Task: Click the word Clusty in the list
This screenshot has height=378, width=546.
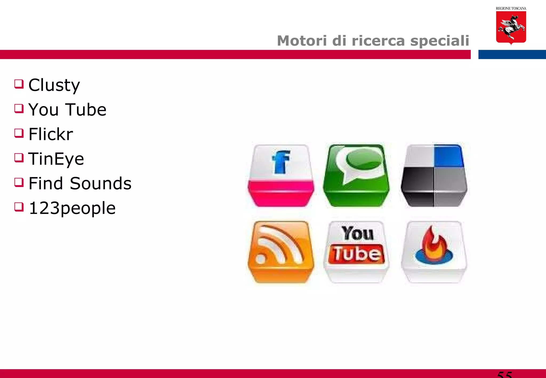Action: coord(54,85)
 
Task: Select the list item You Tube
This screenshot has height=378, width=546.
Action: coord(67,110)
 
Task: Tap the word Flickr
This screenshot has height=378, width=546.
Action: coord(51,134)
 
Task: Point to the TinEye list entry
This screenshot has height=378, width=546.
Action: coord(56,159)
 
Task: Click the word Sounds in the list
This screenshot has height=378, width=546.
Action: coord(101,183)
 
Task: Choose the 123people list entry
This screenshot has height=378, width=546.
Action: coord(72,208)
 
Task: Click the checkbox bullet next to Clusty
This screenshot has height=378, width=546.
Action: coord(19,84)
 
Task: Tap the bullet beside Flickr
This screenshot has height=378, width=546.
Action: coord(19,133)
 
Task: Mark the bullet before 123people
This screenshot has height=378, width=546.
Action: coord(19,207)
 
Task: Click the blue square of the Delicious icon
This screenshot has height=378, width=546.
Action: coord(449,156)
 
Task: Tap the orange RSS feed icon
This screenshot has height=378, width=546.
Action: coord(281,252)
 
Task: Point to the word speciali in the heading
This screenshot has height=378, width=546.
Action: coord(440,41)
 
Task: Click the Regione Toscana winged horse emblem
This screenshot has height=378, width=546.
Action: coord(511,27)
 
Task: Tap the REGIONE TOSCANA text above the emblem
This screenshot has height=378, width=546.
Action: coord(511,9)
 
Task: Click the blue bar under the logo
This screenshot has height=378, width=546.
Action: coord(512,54)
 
